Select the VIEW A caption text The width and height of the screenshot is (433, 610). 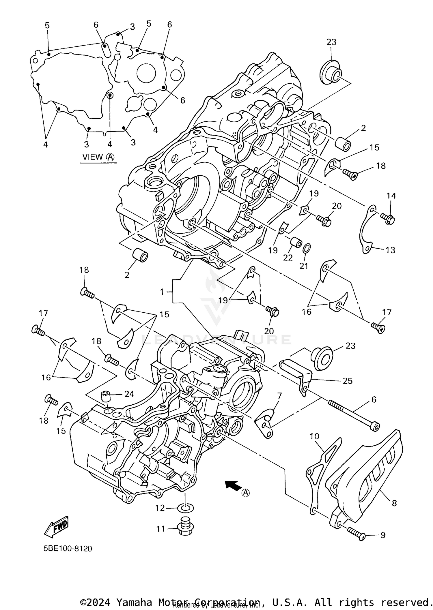(x=98, y=157)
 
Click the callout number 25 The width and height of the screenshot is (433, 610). (x=348, y=381)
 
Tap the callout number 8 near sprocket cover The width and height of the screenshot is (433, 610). (x=394, y=503)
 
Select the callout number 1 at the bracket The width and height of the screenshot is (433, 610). (x=162, y=292)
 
